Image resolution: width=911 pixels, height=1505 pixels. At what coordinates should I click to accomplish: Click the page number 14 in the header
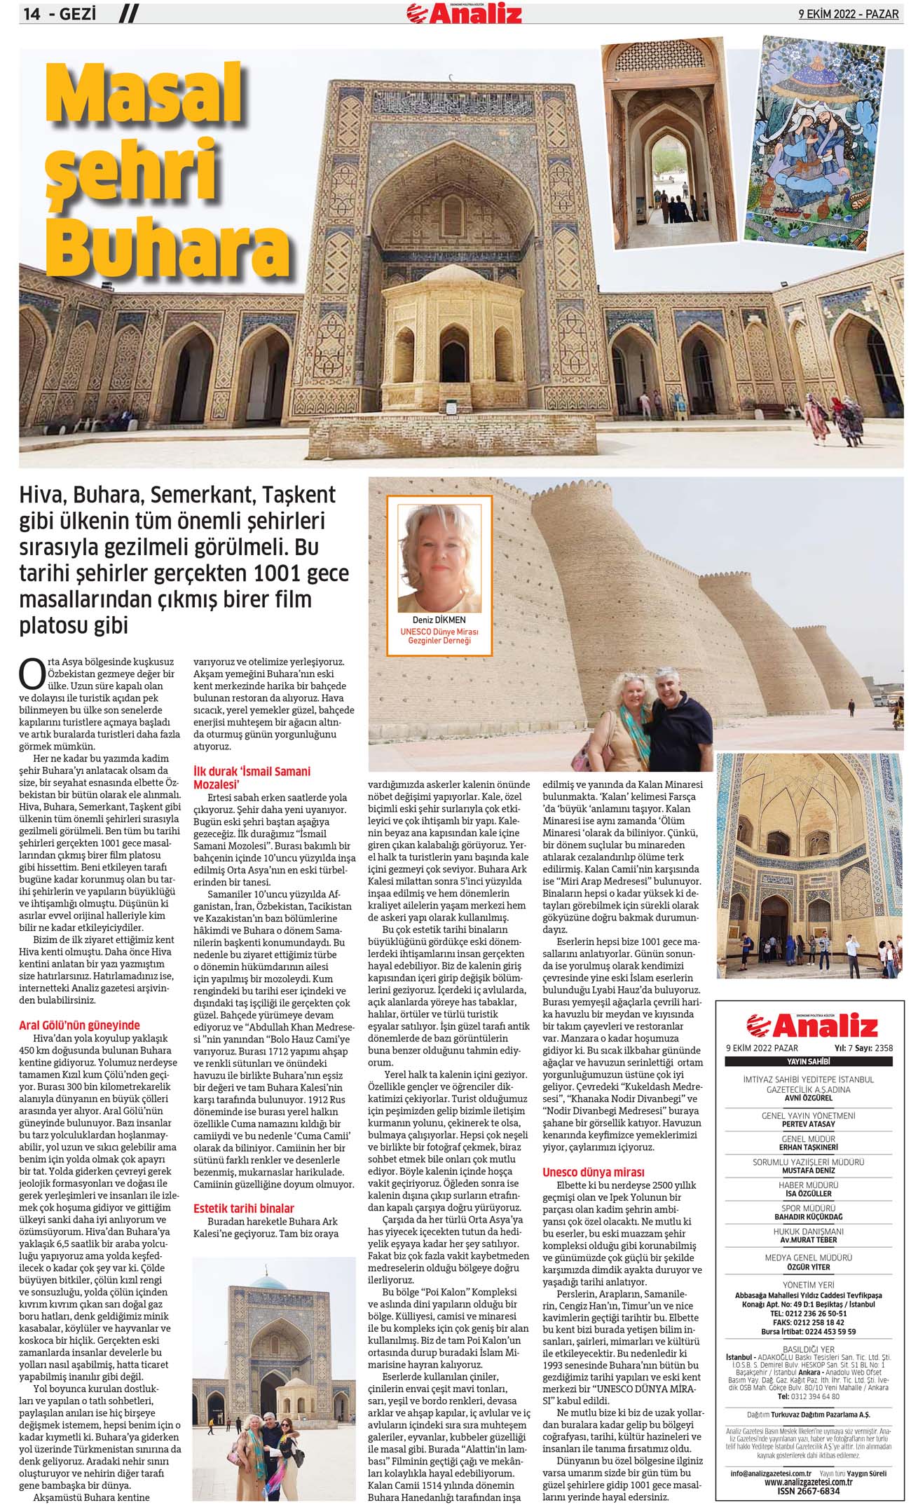pyautogui.click(x=32, y=13)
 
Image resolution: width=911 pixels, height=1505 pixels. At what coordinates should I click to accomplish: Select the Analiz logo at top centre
pyautogui.click(x=465, y=13)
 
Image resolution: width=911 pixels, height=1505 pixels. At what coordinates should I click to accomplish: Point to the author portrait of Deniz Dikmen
pyautogui.click(x=439, y=559)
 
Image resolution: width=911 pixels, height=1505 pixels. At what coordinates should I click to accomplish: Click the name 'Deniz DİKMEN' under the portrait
pyautogui.click(x=439, y=620)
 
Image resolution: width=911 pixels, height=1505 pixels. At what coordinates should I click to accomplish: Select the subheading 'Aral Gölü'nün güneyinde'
pyautogui.click(x=79, y=1025)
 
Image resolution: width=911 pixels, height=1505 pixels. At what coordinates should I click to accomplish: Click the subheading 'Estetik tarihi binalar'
pyautogui.click(x=243, y=1208)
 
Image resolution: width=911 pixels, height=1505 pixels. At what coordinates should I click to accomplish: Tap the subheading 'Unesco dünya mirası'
pyautogui.click(x=593, y=1171)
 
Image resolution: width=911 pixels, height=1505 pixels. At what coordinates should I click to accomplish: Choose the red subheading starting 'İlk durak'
pyautogui.click(x=251, y=777)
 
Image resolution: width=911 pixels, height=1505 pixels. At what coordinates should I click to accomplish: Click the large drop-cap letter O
pyautogui.click(x=32, y=674)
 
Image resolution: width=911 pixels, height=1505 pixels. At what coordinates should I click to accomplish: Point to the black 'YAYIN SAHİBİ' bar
pyautogui.click(x=808, y=1061)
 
